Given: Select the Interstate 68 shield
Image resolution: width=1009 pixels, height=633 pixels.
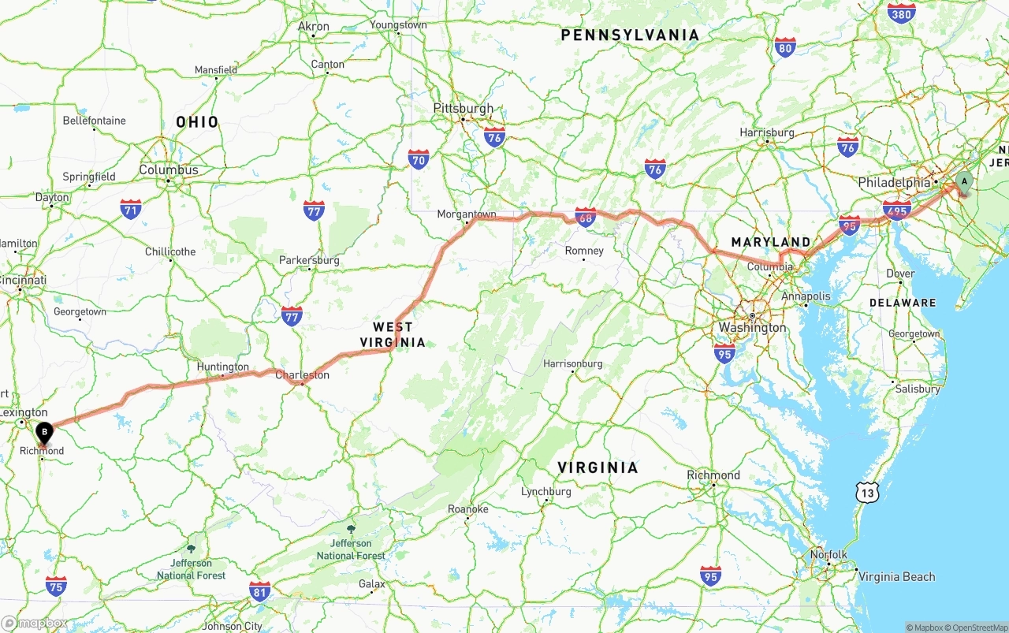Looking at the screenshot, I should [585, 218].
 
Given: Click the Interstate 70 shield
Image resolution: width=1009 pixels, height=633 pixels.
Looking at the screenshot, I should [419, 160].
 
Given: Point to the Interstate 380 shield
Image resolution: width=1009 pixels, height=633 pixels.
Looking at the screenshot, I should [901, 13].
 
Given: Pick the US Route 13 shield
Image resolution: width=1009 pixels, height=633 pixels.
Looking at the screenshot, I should [868, 493].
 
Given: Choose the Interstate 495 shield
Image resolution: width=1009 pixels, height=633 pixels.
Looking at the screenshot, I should [897, 209].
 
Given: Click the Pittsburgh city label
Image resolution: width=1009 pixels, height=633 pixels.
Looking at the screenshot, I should [464, 109].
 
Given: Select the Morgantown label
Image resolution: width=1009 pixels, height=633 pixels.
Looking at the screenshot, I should [467, 214].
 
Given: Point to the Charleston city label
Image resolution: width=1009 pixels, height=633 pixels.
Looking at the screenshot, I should [302, 375].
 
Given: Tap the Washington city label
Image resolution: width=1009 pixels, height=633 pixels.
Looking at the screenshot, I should [752, 327].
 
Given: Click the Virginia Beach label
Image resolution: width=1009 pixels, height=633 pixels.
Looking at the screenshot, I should [896, 576].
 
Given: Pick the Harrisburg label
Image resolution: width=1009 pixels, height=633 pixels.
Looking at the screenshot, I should [767, 132].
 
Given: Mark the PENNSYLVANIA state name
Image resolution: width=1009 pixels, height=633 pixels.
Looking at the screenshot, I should [630, 35].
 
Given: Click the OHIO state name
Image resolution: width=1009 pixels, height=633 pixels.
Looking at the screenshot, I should [197, 122].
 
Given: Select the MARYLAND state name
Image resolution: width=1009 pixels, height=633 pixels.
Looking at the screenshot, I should [770, 242].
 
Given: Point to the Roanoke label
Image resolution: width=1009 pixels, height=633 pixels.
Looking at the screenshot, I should [468, 509].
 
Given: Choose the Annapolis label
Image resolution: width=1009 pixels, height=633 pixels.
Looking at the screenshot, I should [806, 296].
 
